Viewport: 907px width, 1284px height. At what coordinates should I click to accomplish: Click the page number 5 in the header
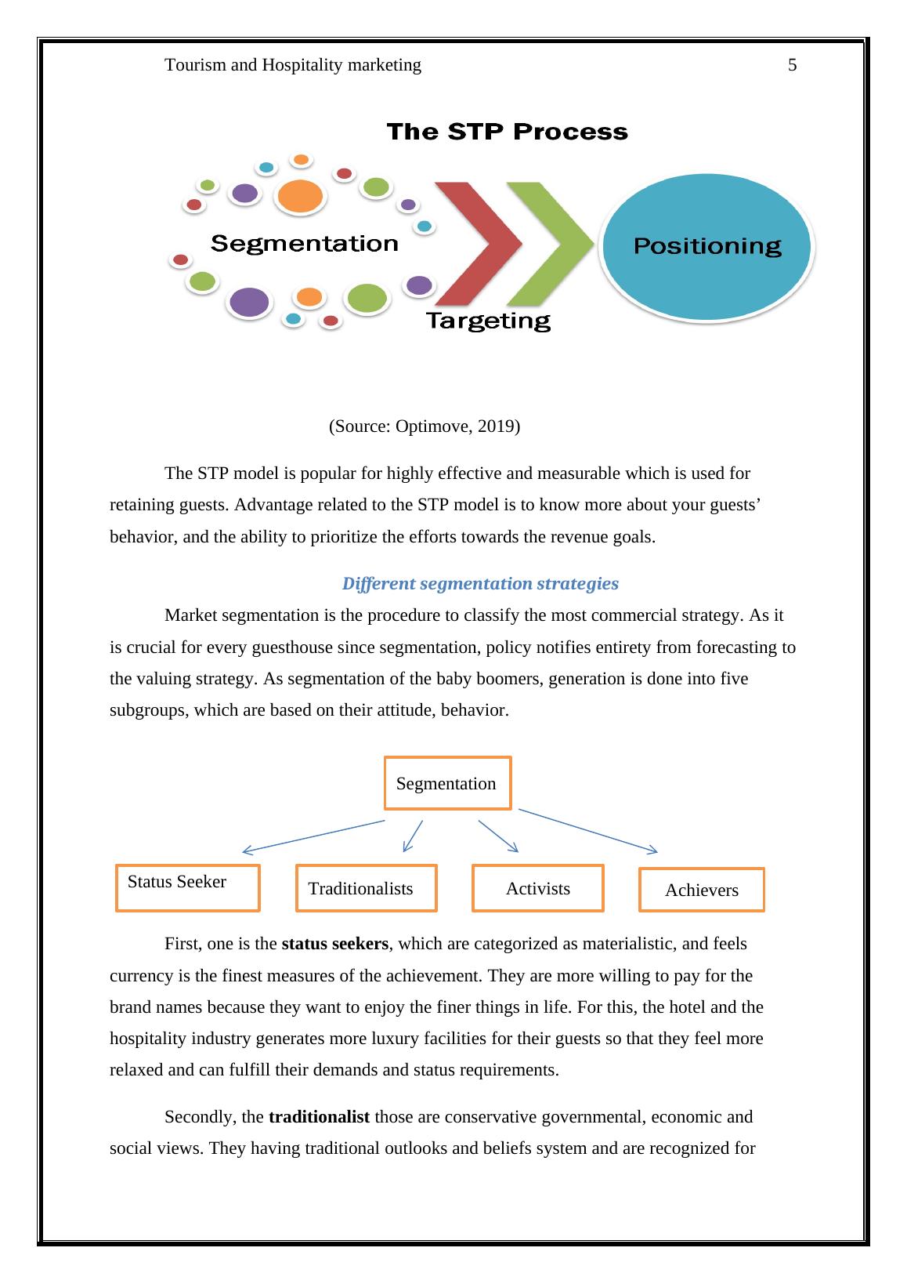tap(792, 66)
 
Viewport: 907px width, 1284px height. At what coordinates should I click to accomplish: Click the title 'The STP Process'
tap(508, 132)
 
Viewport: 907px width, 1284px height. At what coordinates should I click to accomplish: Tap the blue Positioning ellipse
tap(707, 247)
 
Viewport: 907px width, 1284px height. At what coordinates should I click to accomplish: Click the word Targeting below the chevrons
tap(487, 321)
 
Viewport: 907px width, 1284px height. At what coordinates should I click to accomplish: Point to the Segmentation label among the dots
tap(305, 244)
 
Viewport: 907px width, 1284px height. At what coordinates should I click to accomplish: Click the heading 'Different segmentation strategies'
tap(480, 584)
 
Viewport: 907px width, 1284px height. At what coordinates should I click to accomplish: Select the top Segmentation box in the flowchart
tap(447, 783)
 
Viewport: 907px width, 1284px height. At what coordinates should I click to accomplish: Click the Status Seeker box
tap(188, 888)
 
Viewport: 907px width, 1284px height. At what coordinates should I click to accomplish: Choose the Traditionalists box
tap(366, 888)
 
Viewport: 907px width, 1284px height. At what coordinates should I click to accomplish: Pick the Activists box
tap(537, 888)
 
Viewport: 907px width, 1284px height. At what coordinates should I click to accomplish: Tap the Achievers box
tap(701, 890)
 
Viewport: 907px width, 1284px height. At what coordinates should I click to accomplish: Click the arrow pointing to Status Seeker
tap(313, 836)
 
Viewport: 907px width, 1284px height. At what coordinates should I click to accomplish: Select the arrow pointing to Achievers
tap(587, 831)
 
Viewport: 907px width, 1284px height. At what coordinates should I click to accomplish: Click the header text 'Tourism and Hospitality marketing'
tap(293, 66)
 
